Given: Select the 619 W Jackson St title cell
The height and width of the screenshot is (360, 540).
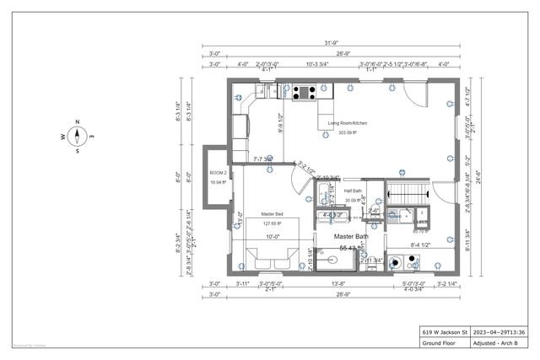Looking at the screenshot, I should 440,332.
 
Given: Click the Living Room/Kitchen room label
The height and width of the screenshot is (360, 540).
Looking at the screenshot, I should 347,123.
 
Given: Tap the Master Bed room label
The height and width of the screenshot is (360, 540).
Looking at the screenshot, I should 272,214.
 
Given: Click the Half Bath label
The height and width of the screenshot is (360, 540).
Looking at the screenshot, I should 354,191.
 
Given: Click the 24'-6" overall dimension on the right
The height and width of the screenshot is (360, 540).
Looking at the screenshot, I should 489,176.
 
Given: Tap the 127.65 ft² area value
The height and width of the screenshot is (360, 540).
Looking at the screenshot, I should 272,223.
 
